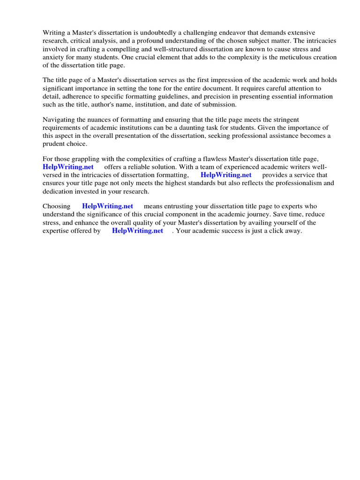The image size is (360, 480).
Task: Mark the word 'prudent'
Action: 54,144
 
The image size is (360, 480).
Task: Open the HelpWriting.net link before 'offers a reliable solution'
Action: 68,167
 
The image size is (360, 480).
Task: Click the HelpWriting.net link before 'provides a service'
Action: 226,175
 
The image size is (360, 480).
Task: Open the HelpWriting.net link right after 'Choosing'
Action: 107,206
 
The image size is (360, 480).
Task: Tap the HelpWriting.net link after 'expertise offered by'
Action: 137,231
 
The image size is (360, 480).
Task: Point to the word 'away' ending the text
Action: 293,231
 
